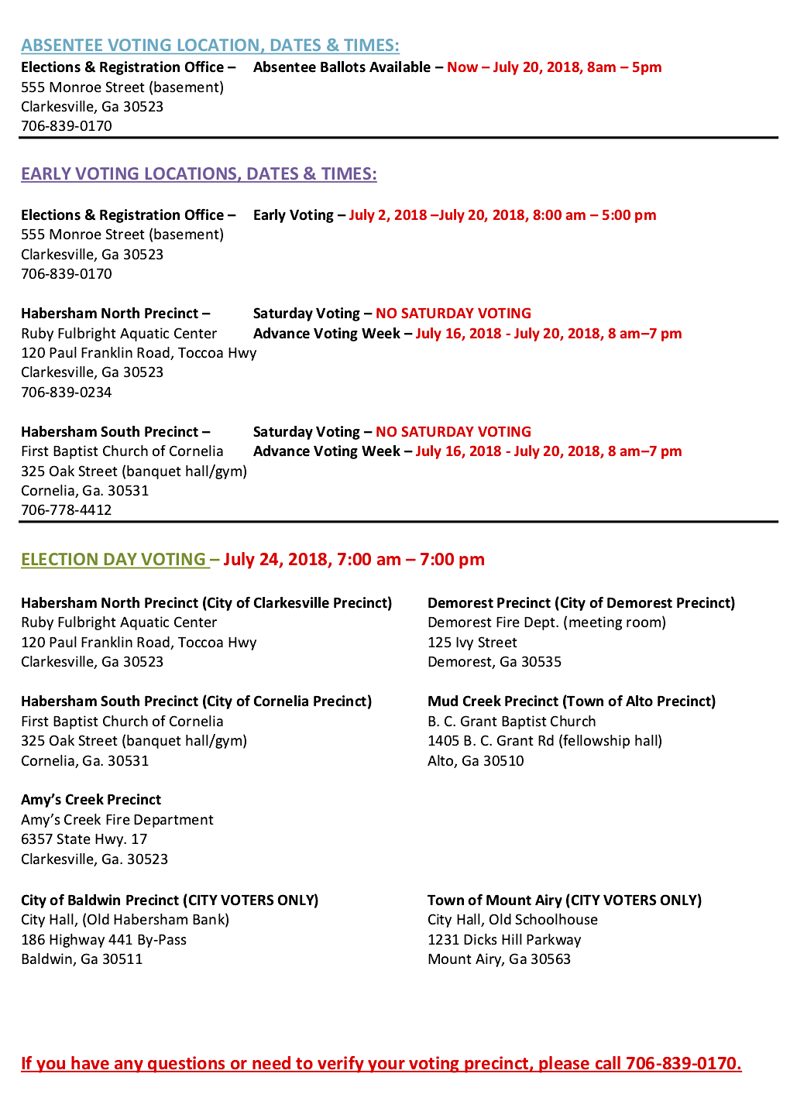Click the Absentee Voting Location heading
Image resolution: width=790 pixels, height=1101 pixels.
tap(210, 45)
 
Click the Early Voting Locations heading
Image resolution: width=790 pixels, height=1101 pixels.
tap(198, 173)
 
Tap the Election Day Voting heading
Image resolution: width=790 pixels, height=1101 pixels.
tap(114, 559)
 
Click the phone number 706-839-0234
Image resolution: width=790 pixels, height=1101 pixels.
tap(67, 392)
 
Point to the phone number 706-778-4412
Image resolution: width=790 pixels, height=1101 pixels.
tap(67, 509)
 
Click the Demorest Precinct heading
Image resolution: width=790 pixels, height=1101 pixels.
tap(581, 602)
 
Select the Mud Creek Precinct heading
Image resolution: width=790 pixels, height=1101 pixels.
tap(571, 701)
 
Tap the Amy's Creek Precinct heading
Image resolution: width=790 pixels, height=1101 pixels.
tap(91, 799)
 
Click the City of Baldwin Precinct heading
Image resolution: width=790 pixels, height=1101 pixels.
tap(170, 900)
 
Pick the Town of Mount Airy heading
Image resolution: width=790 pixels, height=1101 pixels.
tap(564, 900)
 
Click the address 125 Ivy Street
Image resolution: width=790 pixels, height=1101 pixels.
tap(472, 642)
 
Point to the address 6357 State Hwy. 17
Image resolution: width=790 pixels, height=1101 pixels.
tap(84, 839)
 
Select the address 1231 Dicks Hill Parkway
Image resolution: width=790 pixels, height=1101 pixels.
tap(504, 939)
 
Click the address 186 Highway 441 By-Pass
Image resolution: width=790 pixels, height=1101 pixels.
tap(104, 939)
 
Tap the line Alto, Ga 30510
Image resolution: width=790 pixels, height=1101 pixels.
tap(476, 760)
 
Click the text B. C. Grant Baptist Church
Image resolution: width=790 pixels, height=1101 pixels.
tap(511, 721)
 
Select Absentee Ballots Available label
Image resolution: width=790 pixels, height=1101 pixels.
tap(342, 67)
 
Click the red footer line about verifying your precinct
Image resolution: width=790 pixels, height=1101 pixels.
tap(381, 1063)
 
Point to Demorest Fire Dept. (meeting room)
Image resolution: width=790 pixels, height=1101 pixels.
tap(546, 622)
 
